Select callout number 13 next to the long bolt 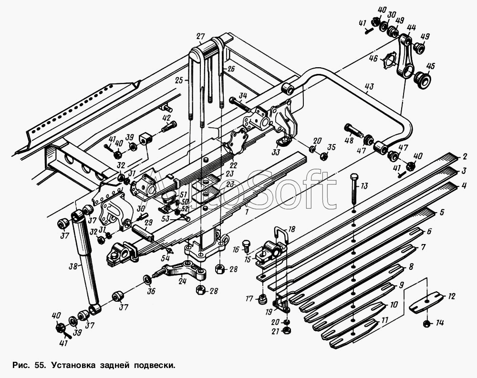(364, 186)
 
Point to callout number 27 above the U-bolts (200, 37)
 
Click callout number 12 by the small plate (451, 296)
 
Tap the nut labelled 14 (426, 324)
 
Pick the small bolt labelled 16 (246, 245)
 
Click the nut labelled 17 (262, 299)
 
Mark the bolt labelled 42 (168, 126)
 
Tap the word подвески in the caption (155, 365)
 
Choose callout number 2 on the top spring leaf (464, 157)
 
